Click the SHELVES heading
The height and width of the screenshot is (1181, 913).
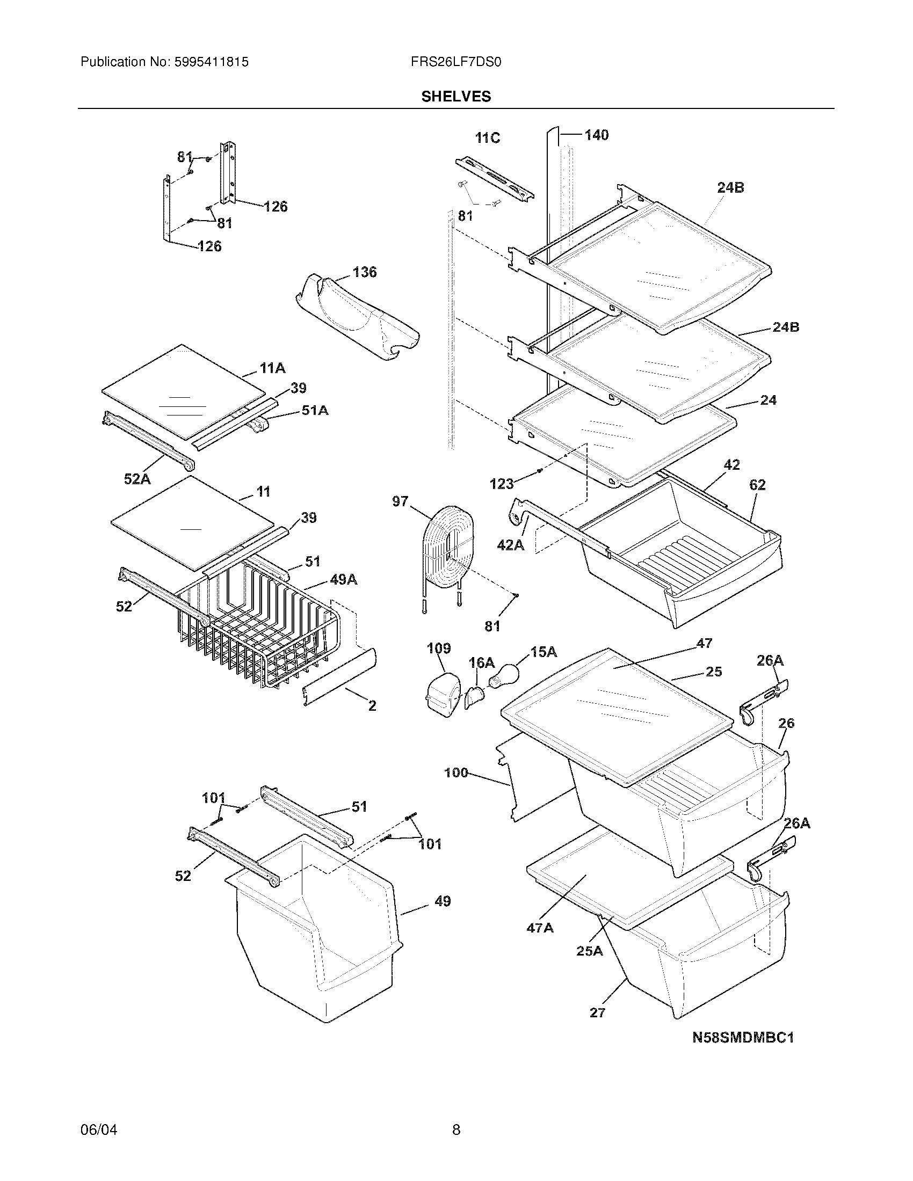pyautogui.click(x=456, y=96)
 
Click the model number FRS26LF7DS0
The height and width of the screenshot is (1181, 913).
pyautogui.click(x=456, y=62)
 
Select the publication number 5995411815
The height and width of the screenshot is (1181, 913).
pyautogui.click(x=211, y=62)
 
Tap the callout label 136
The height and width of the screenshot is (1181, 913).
pyautogui.click(x=364, y=272)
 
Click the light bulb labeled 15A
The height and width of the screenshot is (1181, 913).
pyautogui.click(x=503, y=674)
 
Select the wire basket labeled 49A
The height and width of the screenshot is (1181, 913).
pyautogui.click(x=254, y=622)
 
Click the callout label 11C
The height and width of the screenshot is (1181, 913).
pyautogui.click(x=487, y=138)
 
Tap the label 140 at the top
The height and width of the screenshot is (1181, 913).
pyautogui.click(x=596, y=135)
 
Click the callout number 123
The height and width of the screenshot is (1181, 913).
pyautogui.click(x=502, y=484)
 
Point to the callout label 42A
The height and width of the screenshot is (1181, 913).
pyautogui.click(x=511, y=545)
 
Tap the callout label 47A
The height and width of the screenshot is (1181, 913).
pyautogui.click(x=540, y=928)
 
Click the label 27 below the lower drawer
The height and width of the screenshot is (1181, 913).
pyautogui.click(x=597, y=1012)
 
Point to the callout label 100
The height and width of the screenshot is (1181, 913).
pyautogui.click(x=456, y=772)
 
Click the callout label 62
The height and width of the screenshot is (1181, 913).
pyautogui.click(x=757, y=485)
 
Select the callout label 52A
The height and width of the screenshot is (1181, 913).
pyautogui.click(x=137, y=478)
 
